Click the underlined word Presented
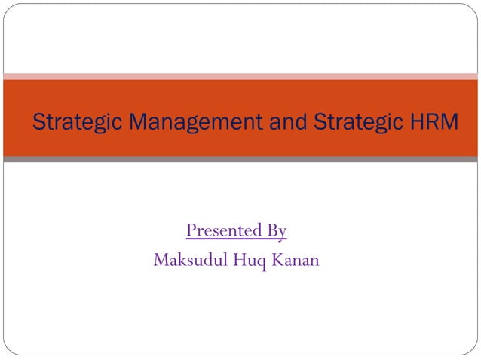coord(224,230)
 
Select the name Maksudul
coord(185,260)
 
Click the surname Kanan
coord(293,260)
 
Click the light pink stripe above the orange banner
coord(240,76)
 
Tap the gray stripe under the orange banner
coord(240,159)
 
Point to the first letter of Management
coord(117,122)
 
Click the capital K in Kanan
coord(273,260)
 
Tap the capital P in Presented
coord(191,230)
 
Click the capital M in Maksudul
coord(161,260)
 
